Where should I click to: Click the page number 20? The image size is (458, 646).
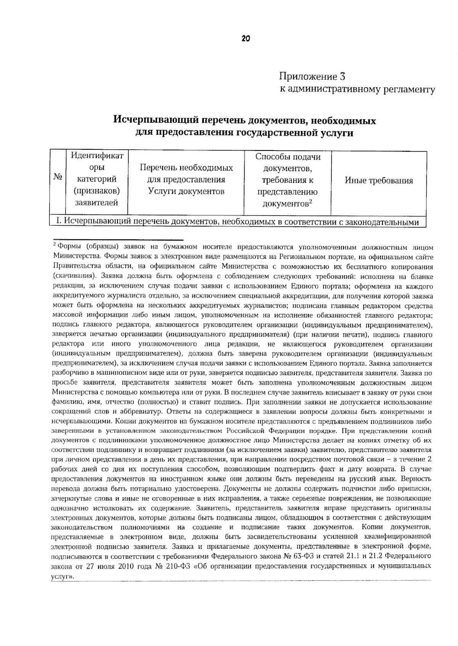tap(245, 38)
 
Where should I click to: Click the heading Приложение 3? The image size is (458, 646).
tap(312, 77)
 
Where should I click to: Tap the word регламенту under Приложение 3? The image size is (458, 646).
tap(405, 90)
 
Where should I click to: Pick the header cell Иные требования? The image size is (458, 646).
tap(379, 181)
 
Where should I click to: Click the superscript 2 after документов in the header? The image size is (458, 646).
tap(311, 202)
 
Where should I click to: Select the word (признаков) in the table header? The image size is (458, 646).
tap(97, 191)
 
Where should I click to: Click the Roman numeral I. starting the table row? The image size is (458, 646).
tap(58, 221)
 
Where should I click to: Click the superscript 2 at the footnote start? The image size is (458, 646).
tap(55, 244)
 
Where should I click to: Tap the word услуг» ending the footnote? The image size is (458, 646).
tap(62, 576)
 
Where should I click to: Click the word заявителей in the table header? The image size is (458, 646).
tap(97, 203)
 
